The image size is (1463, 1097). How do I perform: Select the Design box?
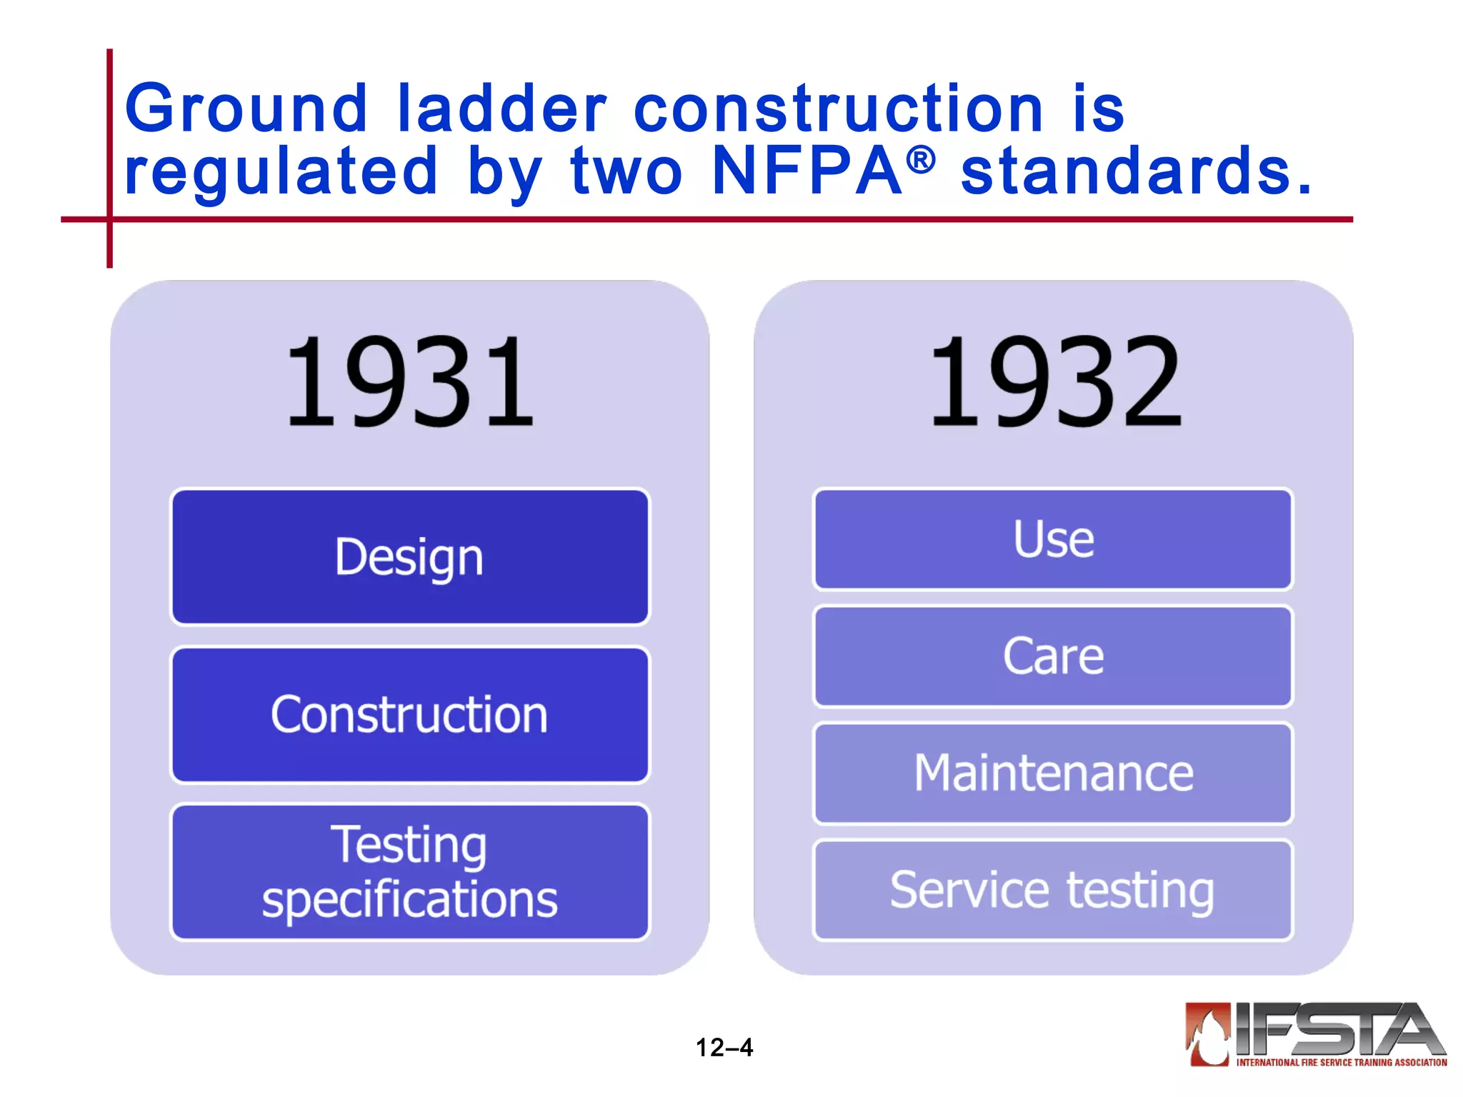pos(409,557)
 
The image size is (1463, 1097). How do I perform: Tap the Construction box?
pos(409,715)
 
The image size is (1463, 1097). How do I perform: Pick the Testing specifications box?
pos(409,872)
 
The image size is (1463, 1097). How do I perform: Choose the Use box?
pos(1053,539)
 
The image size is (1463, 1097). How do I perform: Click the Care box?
pos(1053,656)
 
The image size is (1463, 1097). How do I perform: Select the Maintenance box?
pos(1053,773)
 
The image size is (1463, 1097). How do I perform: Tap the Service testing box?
pos(1053,891)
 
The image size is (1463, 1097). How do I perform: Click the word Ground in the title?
pos(246,109)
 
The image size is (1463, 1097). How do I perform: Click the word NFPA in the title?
pos(807,171)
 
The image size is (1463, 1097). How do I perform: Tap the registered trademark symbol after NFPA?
pos(921,160)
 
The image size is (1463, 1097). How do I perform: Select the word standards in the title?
pos(1136,171)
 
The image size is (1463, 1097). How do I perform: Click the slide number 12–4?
pos(724,1048)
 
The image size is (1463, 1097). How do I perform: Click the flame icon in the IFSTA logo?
pos(1208,1034)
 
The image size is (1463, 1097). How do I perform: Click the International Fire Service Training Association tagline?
pos(1342,1063)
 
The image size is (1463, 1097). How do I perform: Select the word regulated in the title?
pos(280,171)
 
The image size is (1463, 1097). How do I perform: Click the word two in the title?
pos(626,171)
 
